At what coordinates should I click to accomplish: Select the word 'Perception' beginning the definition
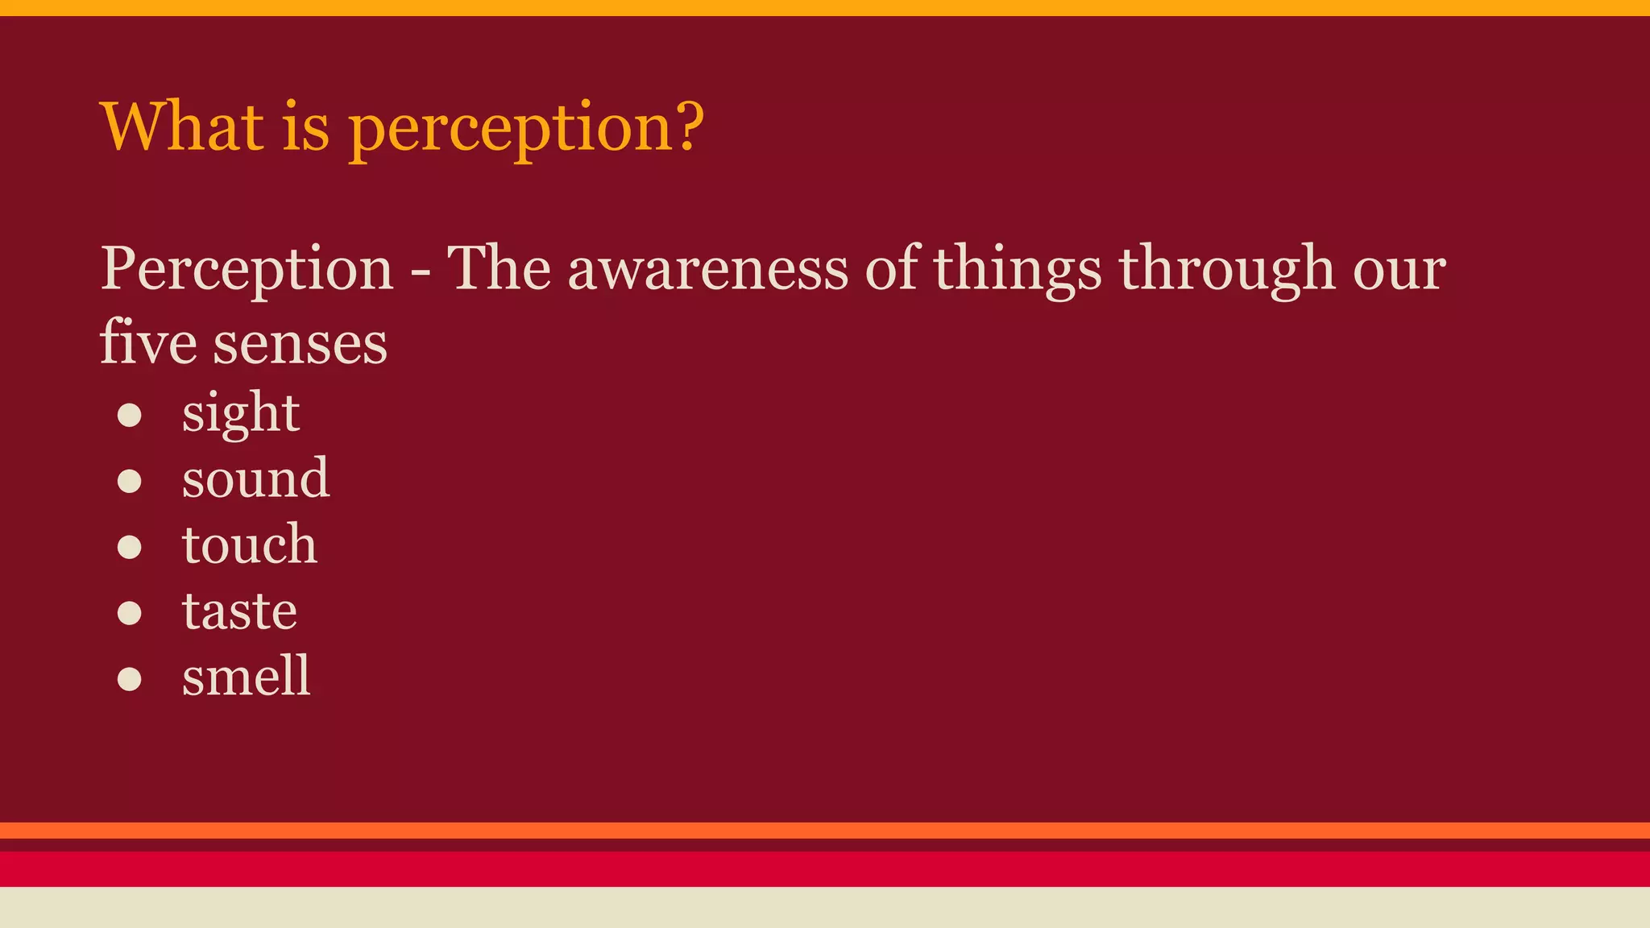(247, 270)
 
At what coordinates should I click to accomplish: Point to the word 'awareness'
(707, 270)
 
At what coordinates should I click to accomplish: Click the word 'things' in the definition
(1017, 270)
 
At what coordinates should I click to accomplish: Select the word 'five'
(148, 342)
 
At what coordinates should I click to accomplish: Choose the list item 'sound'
(255, 478)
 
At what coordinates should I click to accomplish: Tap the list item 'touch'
(250, 545)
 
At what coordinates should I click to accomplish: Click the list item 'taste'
(239, 611)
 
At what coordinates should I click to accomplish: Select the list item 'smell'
(246, 676)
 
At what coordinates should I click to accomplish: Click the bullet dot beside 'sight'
(130, 415)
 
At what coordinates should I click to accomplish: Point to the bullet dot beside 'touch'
(130, 547)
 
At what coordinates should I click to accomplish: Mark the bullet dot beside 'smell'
(130, 679)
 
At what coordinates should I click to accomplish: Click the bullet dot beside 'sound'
(130, 481)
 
